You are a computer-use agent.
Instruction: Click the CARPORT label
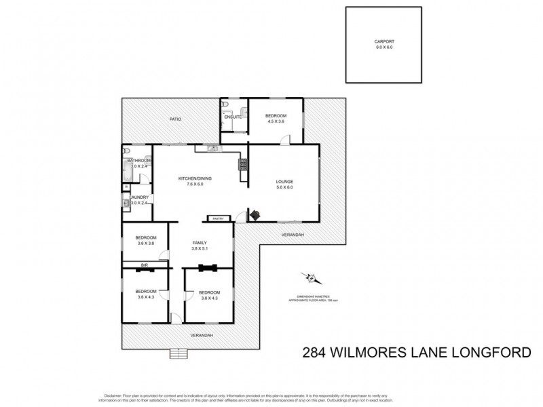coord(384,42)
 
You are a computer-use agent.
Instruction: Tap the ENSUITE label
coord(233,117)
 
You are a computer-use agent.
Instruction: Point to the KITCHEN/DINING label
coord(195,178)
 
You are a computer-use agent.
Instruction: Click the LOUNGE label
coord(284,181)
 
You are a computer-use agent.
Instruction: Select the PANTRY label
coord(218,218)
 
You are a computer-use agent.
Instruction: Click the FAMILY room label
coord(199,242)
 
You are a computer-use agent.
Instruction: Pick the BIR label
coord(144,265)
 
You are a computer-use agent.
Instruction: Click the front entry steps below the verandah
coord(179,353)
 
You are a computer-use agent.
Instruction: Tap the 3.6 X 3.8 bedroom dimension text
coord(146,243)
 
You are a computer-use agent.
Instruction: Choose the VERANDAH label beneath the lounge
coord(293,235)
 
